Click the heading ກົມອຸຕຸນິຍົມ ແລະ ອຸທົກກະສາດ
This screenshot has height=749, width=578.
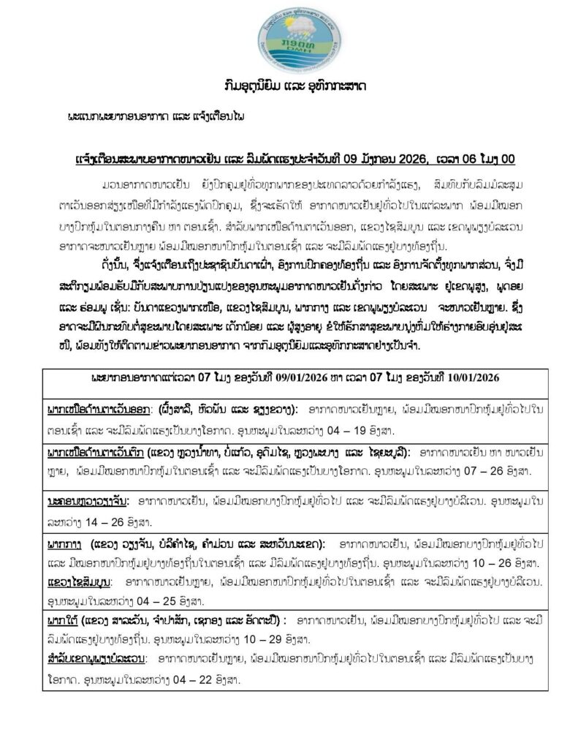click(x=288, y=87)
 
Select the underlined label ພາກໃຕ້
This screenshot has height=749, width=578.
click(x=62, y=628)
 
